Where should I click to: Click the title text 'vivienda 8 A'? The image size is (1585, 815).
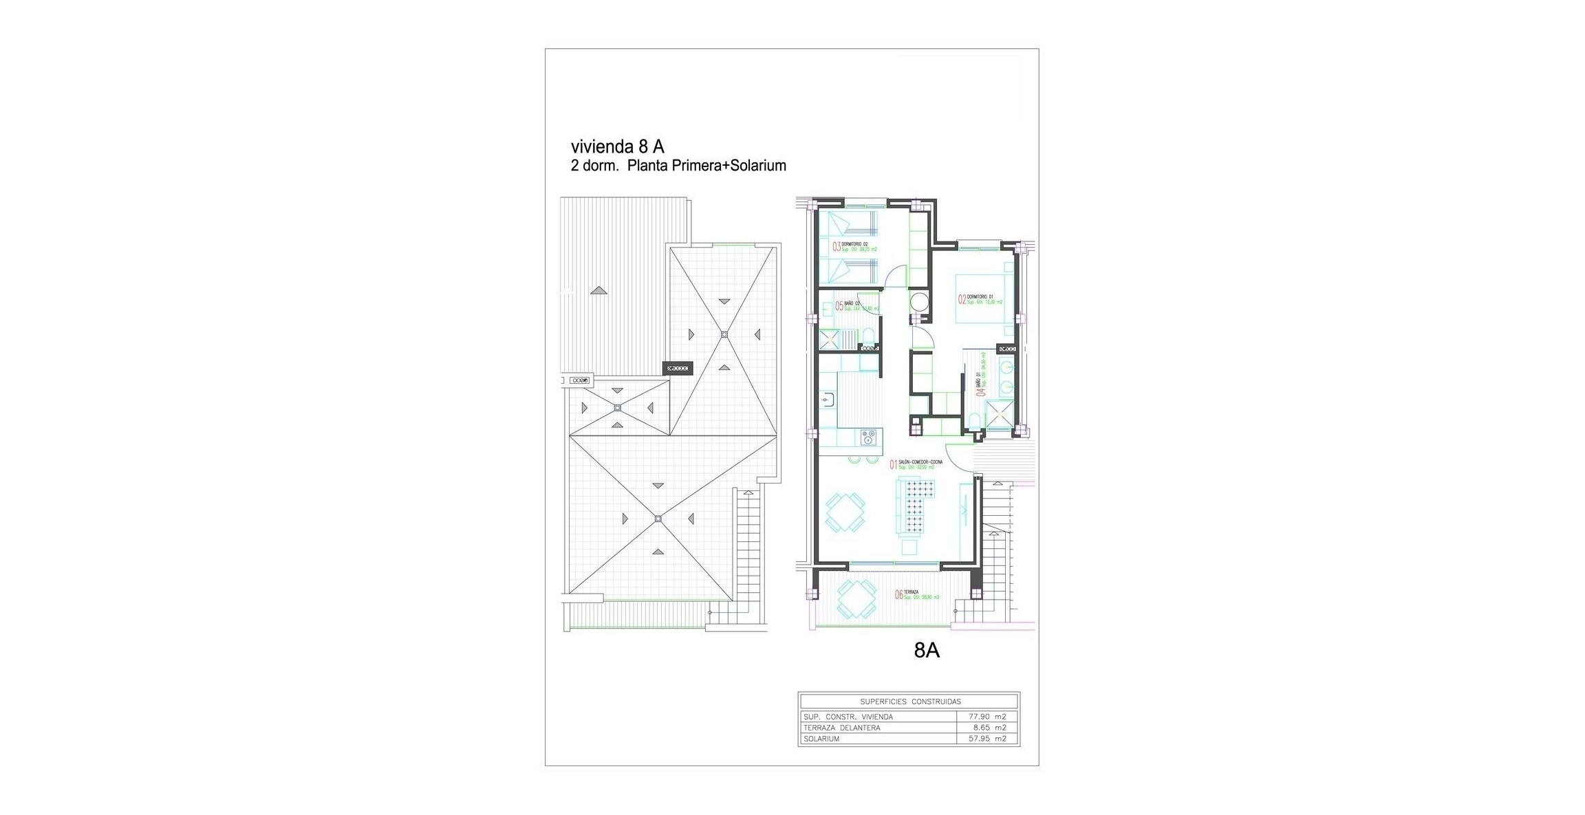616,146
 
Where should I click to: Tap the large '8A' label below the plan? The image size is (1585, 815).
926,651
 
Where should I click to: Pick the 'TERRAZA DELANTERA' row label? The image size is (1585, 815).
841,728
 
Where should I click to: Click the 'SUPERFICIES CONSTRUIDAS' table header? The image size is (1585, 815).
910,702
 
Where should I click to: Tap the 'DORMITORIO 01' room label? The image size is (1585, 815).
980,297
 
